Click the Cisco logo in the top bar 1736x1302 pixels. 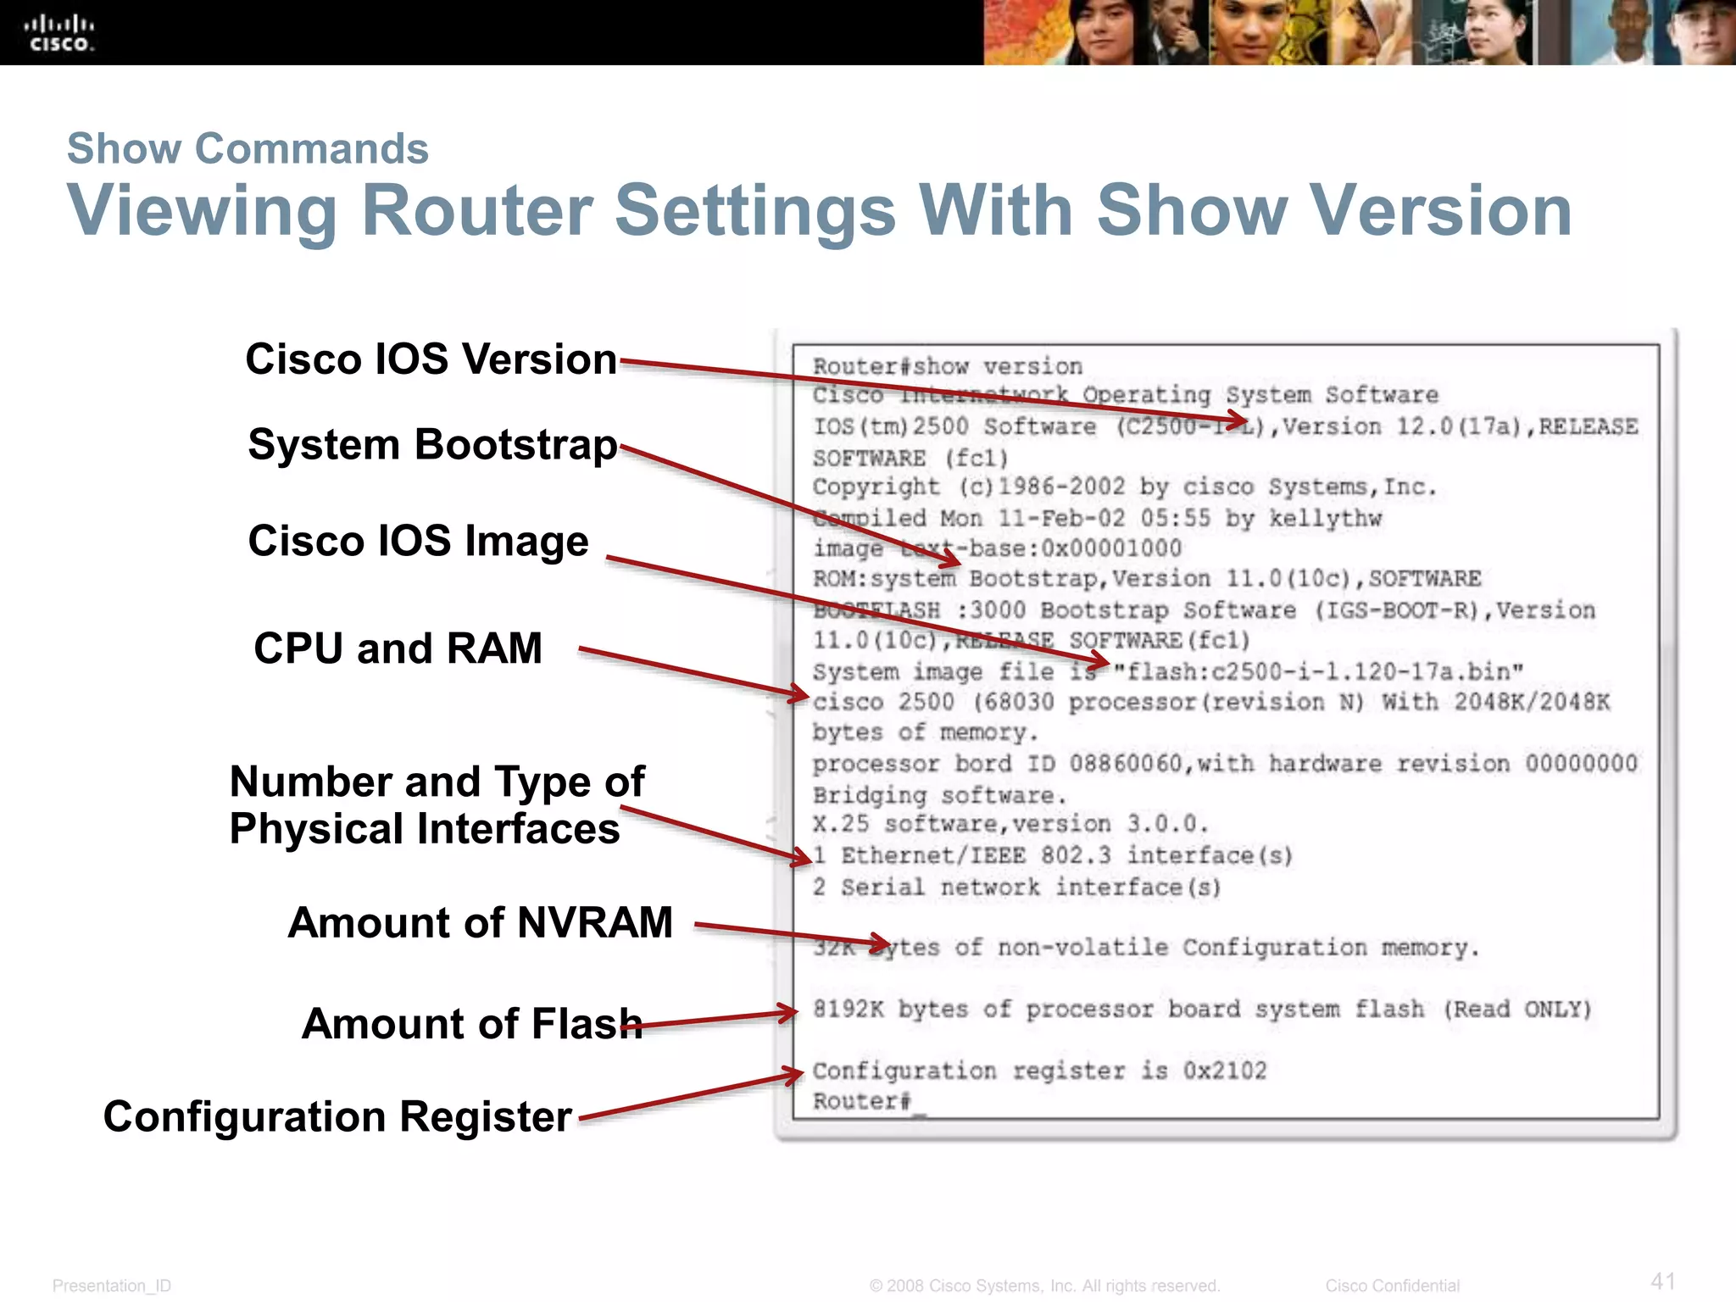(x=58, y=33)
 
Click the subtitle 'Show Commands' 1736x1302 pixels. (x=248, y=149)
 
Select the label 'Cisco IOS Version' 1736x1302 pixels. (x=431, y=359)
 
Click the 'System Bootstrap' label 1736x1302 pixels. (x=432, y=444)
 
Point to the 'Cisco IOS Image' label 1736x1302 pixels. (x=418, y=541)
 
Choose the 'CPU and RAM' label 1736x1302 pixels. (x=398, y=648)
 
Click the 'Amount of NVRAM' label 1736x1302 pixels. (x=480, y=922)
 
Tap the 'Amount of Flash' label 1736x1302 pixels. (x=471, y=1023)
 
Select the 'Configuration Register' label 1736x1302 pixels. (x=337, y=1116)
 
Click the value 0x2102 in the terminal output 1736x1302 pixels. (x=1224, y=1071)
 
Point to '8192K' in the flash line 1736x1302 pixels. (x=848, y=1009)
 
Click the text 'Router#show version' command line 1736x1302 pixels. (x=947, y=366)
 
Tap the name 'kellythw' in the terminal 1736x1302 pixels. (x=1325, y=518)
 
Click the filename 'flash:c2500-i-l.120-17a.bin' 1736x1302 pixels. (x=1318, y=671)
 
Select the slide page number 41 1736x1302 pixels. (x=1663, y=1281)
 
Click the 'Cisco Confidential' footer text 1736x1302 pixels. (x=1392, y=1286)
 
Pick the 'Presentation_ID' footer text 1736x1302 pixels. (x=112, y=1286)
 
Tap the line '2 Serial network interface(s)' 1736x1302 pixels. (x=1016, y=887)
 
